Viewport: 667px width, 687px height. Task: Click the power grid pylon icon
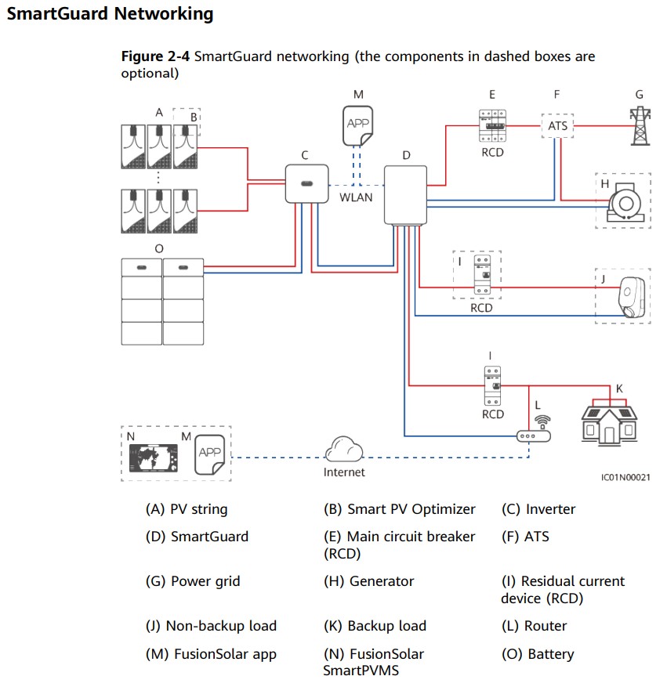(640, 126)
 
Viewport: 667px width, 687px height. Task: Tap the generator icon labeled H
(625, 202)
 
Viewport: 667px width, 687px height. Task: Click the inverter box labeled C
(306, 183)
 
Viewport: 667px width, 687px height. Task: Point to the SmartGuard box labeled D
(405, 195)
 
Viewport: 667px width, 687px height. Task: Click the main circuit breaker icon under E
(492, 126)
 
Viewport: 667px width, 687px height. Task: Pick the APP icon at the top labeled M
(357, 126)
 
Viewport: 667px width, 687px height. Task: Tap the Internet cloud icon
(344, 449)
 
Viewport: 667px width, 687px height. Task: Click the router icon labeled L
(535, 431)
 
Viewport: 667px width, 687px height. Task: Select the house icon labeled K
(609, 422)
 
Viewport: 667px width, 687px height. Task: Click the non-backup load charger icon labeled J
(632, 297)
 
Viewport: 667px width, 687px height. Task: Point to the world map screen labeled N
(154, 457)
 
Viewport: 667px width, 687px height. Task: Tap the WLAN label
(356, 197)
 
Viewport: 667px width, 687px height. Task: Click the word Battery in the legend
(551, 654)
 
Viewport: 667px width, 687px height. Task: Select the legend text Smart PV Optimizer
(411, 509)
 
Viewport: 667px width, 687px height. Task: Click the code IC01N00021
(625, 477)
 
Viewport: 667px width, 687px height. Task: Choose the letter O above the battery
(159, 249)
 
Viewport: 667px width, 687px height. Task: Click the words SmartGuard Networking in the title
(110, 13)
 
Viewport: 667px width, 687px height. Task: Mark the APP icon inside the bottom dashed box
(210, 454)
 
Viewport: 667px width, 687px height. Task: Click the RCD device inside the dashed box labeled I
(483, 275)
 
